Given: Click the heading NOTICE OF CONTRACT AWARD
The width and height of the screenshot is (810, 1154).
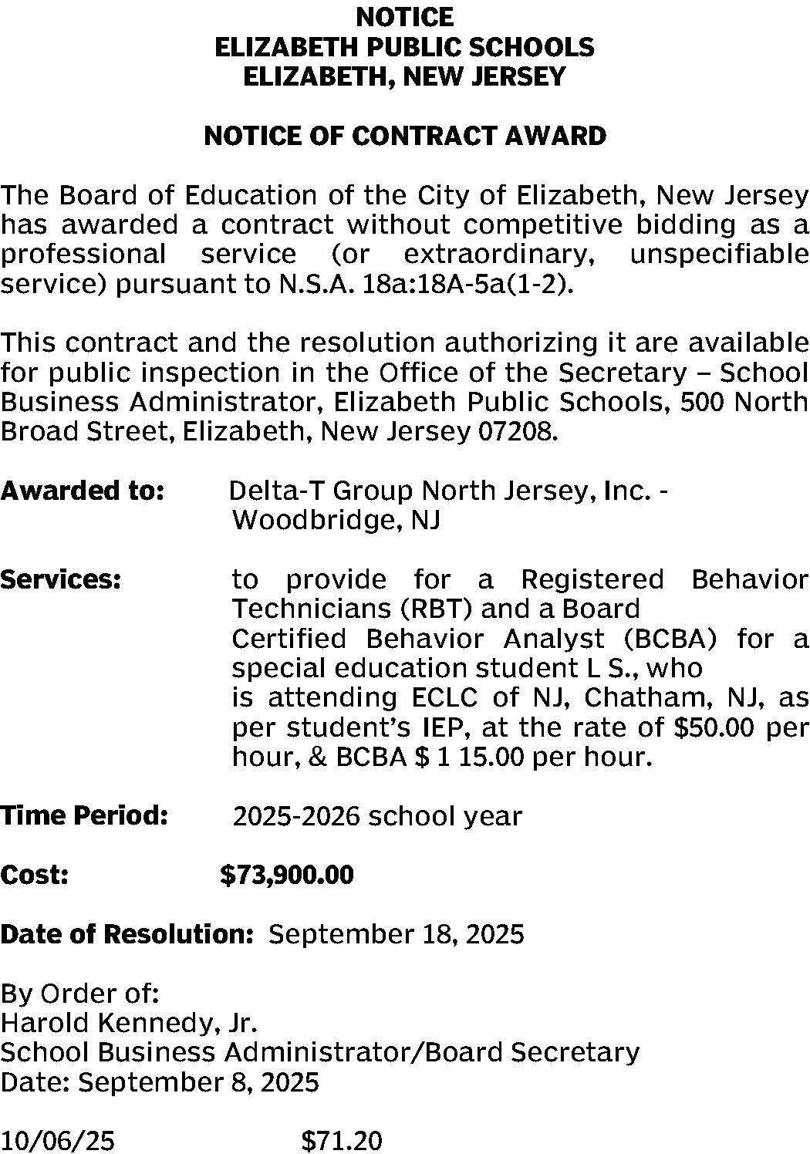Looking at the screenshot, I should tap(404, 137).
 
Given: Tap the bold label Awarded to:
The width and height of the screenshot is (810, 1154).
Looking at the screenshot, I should tap(83, 491).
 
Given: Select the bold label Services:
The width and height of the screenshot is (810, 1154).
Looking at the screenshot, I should tap(61, 579).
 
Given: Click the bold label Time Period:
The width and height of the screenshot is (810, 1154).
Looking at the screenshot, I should tap(84, 815).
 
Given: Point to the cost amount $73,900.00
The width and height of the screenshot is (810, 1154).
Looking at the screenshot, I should tap(287, 875).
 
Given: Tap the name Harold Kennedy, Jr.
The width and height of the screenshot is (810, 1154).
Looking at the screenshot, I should tap(128, 1023).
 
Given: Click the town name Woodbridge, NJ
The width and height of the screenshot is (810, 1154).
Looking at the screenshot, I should tap(336, 521).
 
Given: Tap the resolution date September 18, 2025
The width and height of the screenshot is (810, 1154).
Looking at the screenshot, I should tap(396, 934).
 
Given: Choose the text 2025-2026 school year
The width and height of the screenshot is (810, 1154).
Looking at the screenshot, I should tap(377, 816).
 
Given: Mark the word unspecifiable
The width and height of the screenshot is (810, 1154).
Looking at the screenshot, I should tap(719, 255).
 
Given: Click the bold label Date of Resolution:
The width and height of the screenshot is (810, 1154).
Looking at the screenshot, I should tap(127, 934).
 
